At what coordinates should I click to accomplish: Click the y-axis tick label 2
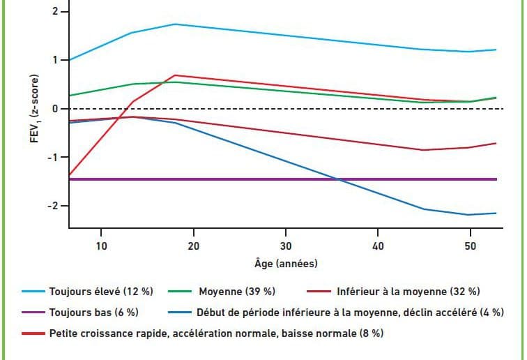54,13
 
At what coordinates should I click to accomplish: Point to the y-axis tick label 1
54,61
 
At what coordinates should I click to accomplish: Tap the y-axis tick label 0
54,109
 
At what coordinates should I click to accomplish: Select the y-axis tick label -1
52,158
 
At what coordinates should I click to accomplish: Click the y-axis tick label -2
52,207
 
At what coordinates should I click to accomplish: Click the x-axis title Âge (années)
285,264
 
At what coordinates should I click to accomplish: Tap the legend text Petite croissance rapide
216,333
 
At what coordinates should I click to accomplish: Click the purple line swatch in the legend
35,313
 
